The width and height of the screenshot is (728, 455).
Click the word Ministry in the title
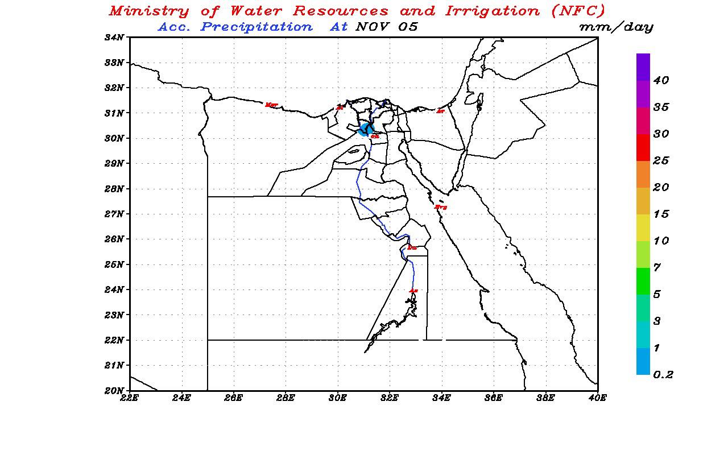tap(149, 11)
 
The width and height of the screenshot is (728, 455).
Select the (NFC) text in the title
tap(578, 11)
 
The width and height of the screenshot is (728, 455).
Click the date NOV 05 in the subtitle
tap(386, 27)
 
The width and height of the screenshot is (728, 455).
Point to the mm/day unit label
tap(616, 27)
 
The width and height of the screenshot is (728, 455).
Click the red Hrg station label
tap(440, 207)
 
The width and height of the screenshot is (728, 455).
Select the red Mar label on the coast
tap(271, 105)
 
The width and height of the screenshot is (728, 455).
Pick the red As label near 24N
tap(413, 291)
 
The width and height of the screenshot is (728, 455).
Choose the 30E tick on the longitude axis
tap(338, 398)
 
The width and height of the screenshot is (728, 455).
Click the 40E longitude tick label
tap(597, 398)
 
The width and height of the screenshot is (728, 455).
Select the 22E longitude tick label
tap(130, 398)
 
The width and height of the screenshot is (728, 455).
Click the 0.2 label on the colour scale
tap(663, 375)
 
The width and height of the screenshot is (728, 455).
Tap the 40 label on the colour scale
tap(661, 81)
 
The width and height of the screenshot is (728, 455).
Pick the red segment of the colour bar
tap(643, 147)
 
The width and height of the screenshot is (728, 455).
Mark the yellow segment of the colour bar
tap(643, 227)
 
